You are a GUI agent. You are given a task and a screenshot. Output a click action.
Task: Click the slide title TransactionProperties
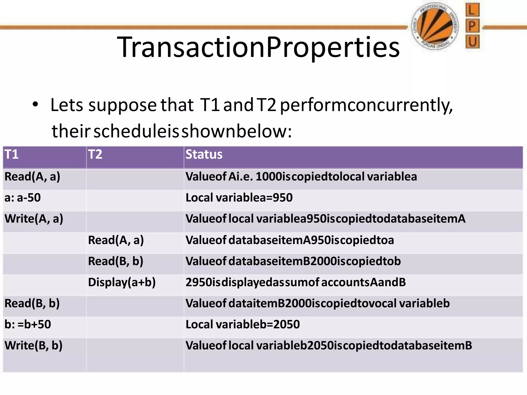coord(258,47)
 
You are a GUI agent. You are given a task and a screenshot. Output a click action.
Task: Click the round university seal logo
coord(435,26)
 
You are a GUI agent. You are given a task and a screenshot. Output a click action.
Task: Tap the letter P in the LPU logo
coord(472,26)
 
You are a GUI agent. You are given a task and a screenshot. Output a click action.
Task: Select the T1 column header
coord(12,155)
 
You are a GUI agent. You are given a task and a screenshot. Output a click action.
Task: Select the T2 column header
coord(95,155)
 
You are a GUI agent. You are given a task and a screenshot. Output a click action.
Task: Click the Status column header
coord(204,155)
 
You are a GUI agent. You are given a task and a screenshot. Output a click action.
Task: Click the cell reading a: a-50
coord(23,198)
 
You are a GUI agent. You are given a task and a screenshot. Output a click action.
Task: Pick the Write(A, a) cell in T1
coord(34,219)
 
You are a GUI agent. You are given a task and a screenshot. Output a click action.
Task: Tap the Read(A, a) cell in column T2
coord(116,240)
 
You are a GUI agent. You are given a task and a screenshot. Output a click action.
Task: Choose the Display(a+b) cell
coord(122,282)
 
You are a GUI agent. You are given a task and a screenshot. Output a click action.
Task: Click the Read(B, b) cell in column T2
coord(116,261)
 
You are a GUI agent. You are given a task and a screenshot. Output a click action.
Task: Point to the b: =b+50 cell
coord(28,325)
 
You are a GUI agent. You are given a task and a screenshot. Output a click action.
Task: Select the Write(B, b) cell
coord(33,346)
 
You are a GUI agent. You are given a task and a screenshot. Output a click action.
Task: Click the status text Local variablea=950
coord(239,198)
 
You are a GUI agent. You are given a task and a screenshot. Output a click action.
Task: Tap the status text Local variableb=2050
coord(243,325)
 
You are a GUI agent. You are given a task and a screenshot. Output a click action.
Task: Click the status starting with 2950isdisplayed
coord(295,282)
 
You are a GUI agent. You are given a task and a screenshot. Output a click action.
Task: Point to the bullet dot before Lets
coord(35,105)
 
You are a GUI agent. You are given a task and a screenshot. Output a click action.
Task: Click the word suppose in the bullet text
coord(122,105)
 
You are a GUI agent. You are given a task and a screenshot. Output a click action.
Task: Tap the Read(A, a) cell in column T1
coord(32,177)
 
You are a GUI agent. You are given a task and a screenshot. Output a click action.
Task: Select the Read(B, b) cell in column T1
coord(32,303)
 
